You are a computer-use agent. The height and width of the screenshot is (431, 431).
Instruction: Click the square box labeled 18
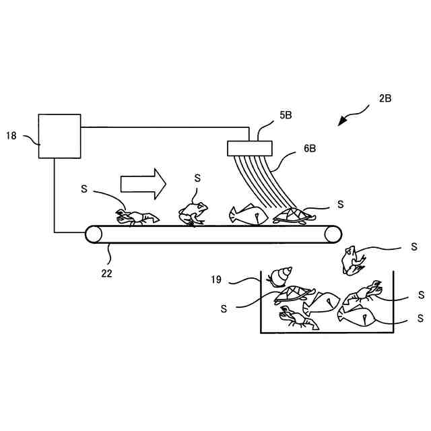pyautogui.click(x=59, y=135)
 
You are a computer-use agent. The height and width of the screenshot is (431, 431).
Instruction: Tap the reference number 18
pyautogui.click(x=11, y=135)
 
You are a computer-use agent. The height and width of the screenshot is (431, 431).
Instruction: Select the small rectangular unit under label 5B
pyautogui.click(x=250, y=147)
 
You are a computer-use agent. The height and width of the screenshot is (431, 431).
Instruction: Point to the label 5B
pyautogui.click(x=286, y=115)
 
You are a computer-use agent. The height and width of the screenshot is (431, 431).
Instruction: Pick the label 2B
pyautogui.click(x=385, y=98)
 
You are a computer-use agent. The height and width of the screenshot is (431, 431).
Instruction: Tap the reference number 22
pyautogui.click(x=106, y=273)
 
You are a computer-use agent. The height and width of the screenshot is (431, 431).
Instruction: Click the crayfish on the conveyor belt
pyautogui.click(x=137, y=217)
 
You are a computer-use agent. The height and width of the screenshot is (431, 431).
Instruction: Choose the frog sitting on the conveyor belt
pyautogui.click(x=193, y=213)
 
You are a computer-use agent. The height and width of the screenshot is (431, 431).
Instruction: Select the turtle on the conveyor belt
pyautogui.click(x=294, y=215)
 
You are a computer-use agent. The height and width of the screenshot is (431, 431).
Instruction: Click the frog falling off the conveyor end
pyautogui.click(x=352, y=261)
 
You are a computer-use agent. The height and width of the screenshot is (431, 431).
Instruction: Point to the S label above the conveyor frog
pyautogui.click(x=197, y=178)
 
